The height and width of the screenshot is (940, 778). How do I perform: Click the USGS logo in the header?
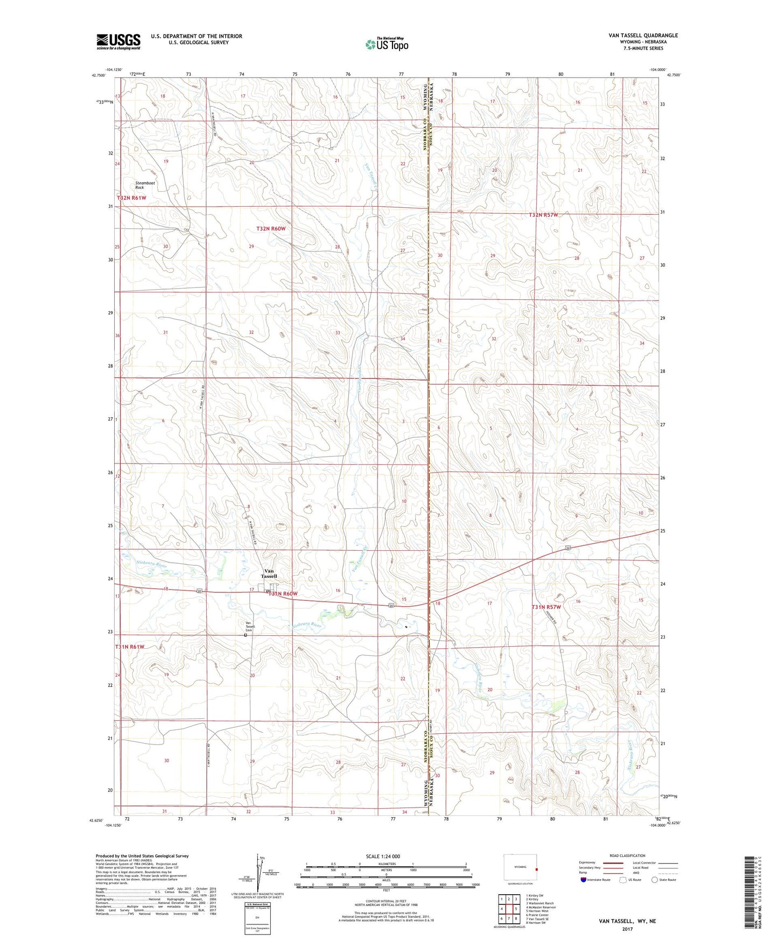(118, 41)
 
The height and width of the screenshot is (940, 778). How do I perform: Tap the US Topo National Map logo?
(387, 44)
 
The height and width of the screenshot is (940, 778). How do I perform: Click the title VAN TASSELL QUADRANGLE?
(643, 36)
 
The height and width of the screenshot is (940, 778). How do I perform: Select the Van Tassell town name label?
(269, 573)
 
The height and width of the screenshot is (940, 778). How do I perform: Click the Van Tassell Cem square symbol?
(246, 635)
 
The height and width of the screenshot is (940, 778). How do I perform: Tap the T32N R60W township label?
(270, 229)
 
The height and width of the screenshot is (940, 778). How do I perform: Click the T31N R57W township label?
(546, 607)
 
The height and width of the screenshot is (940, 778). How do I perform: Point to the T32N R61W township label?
(131, 198)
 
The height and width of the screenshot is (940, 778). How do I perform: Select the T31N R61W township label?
(130, 647)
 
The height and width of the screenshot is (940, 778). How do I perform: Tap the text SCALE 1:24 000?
(383, 857)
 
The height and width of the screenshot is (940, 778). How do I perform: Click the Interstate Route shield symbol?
(584, 880)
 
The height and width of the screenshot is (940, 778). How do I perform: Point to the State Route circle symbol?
(654, 880)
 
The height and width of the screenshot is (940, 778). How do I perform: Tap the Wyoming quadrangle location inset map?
(520, 868)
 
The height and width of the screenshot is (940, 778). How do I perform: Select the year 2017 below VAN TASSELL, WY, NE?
(626, 929)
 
